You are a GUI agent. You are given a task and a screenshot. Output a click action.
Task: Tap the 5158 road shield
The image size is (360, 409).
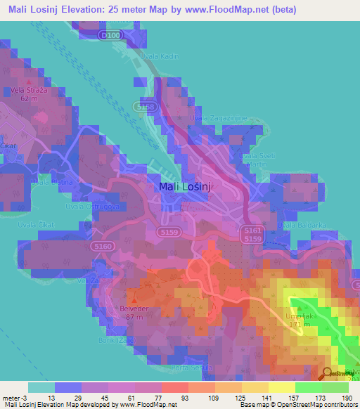click(146, 106)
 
